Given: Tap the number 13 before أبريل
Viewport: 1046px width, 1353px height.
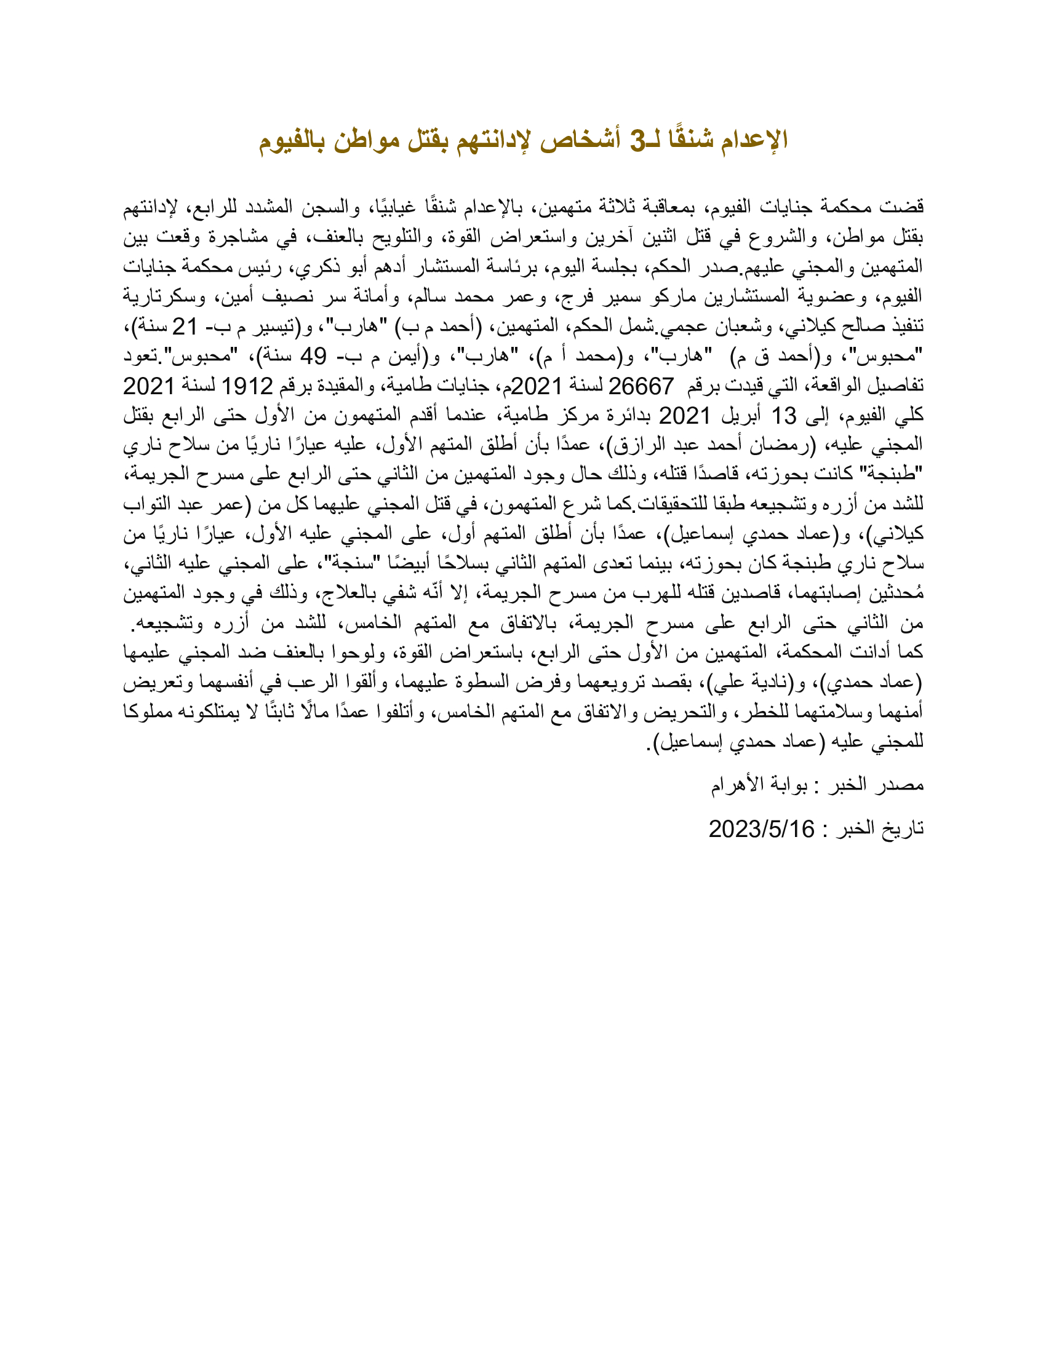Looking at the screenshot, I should point(783,416).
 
